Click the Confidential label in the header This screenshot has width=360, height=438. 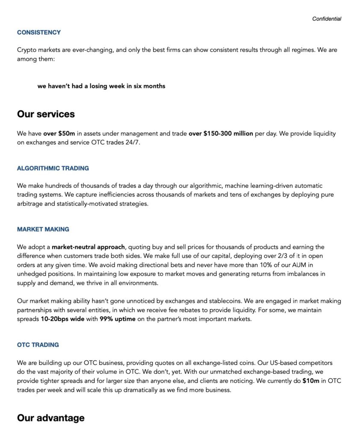tap(327, 19)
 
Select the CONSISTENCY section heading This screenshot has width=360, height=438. tap(39, 33)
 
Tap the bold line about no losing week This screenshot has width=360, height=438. tap(101, 86)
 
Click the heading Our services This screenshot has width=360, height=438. tap(46, 114)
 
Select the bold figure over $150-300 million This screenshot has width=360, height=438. tap(221, 133)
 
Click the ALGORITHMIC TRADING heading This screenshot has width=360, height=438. tap(53, 169)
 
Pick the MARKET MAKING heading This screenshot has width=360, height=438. tap(43, 229)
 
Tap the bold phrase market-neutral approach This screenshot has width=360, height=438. tap(89, 247)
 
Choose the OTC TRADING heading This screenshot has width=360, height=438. tap(38, 345)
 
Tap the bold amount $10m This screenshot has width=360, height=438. tap(311, 381)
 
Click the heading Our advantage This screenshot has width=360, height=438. tap(51, 418)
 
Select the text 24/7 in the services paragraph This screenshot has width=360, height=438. tap(132, 142)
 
